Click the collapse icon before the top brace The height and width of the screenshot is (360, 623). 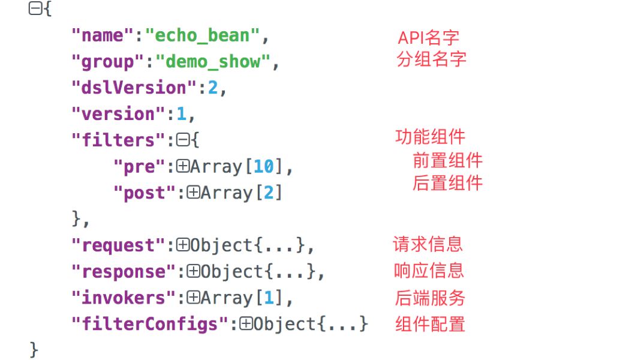click(35, 8)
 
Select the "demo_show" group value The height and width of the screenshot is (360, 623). click(213, 62)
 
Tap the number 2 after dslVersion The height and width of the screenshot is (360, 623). click(213, 88)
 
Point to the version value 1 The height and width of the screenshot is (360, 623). click(182, 114)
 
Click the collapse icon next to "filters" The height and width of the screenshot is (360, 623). click(183, 140)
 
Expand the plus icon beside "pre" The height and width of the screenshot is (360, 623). click(183, 166)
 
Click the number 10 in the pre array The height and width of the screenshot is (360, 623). click(264, 166)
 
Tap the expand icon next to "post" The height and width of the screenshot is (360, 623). click(193, 193)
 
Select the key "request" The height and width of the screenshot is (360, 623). click(118, 245)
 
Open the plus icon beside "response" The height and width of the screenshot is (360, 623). click(193, 271)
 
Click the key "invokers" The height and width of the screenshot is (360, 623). click(124, 298)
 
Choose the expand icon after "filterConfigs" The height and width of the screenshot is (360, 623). click(246, 324)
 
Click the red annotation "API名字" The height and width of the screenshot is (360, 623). click(428, 38)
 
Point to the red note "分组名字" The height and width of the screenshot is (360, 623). click(432, 59)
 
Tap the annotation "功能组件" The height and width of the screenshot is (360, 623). click(431, 137)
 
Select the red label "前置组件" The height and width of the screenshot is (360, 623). click(448, 160)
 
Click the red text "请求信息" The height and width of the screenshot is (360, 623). click(428, 244)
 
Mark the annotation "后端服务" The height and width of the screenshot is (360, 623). click(430, 298)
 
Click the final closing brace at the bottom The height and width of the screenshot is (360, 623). click(34, 350)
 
